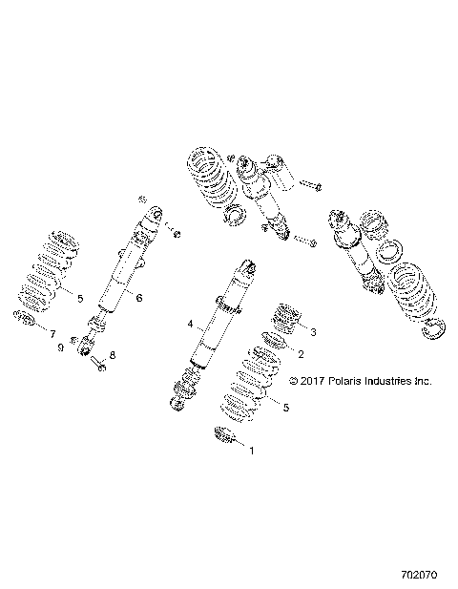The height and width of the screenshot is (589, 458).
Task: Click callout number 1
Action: point(252,447)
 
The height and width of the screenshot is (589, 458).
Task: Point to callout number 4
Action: point(191,325)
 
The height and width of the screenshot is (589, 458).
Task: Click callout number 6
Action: point(139,299)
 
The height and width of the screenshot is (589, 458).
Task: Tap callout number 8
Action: point(113,355)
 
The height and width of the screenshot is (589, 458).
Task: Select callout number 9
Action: point(59,347)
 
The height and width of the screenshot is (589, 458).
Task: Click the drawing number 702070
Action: point(417,576)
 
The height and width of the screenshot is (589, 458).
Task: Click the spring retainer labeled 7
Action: point(25,318)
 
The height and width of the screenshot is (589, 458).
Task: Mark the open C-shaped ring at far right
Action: point(437,328)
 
